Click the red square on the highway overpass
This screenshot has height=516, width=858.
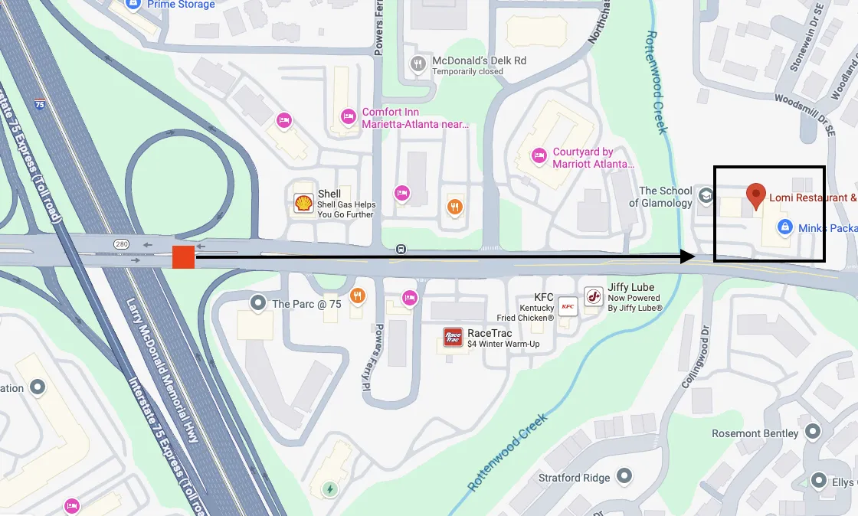(183, 257)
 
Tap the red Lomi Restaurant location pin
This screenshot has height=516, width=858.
(756, 195)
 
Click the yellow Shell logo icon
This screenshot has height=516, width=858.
(303, 203)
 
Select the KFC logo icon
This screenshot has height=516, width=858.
(568, 306)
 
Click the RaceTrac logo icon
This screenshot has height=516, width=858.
(454, 337)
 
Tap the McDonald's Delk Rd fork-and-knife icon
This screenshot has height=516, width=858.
(418, 64)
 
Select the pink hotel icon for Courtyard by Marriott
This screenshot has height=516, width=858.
(539, 156)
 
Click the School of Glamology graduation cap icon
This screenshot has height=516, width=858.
(705, 197)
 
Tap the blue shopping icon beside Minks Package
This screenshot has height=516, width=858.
(784, 227)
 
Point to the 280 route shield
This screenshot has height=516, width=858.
(121, 244)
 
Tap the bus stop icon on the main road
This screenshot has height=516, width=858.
(401, 250)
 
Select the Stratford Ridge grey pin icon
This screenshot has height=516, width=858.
(624, 478)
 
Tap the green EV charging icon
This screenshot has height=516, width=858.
(330, 488)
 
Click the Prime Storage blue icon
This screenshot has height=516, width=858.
(134, 5)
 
